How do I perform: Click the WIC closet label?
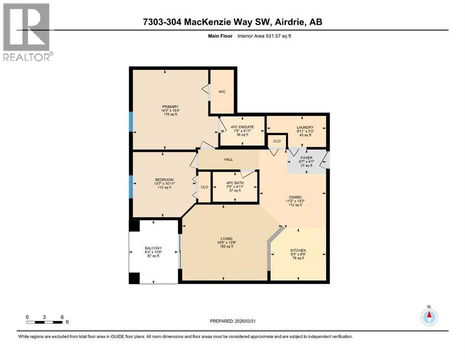point(222,91)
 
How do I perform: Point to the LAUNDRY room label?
point(305,127)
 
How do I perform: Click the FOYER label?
point(306,158)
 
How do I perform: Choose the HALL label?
point(229,159)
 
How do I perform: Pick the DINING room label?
point(295,197)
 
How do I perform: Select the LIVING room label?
point(227,239)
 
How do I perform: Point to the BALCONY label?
point(153,248)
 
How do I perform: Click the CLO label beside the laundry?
point(277,141)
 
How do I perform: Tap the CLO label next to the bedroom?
point(204,187)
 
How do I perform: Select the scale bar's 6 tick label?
point(62,317)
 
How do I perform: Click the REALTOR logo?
point(27,32)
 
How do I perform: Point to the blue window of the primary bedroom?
point(131,122)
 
